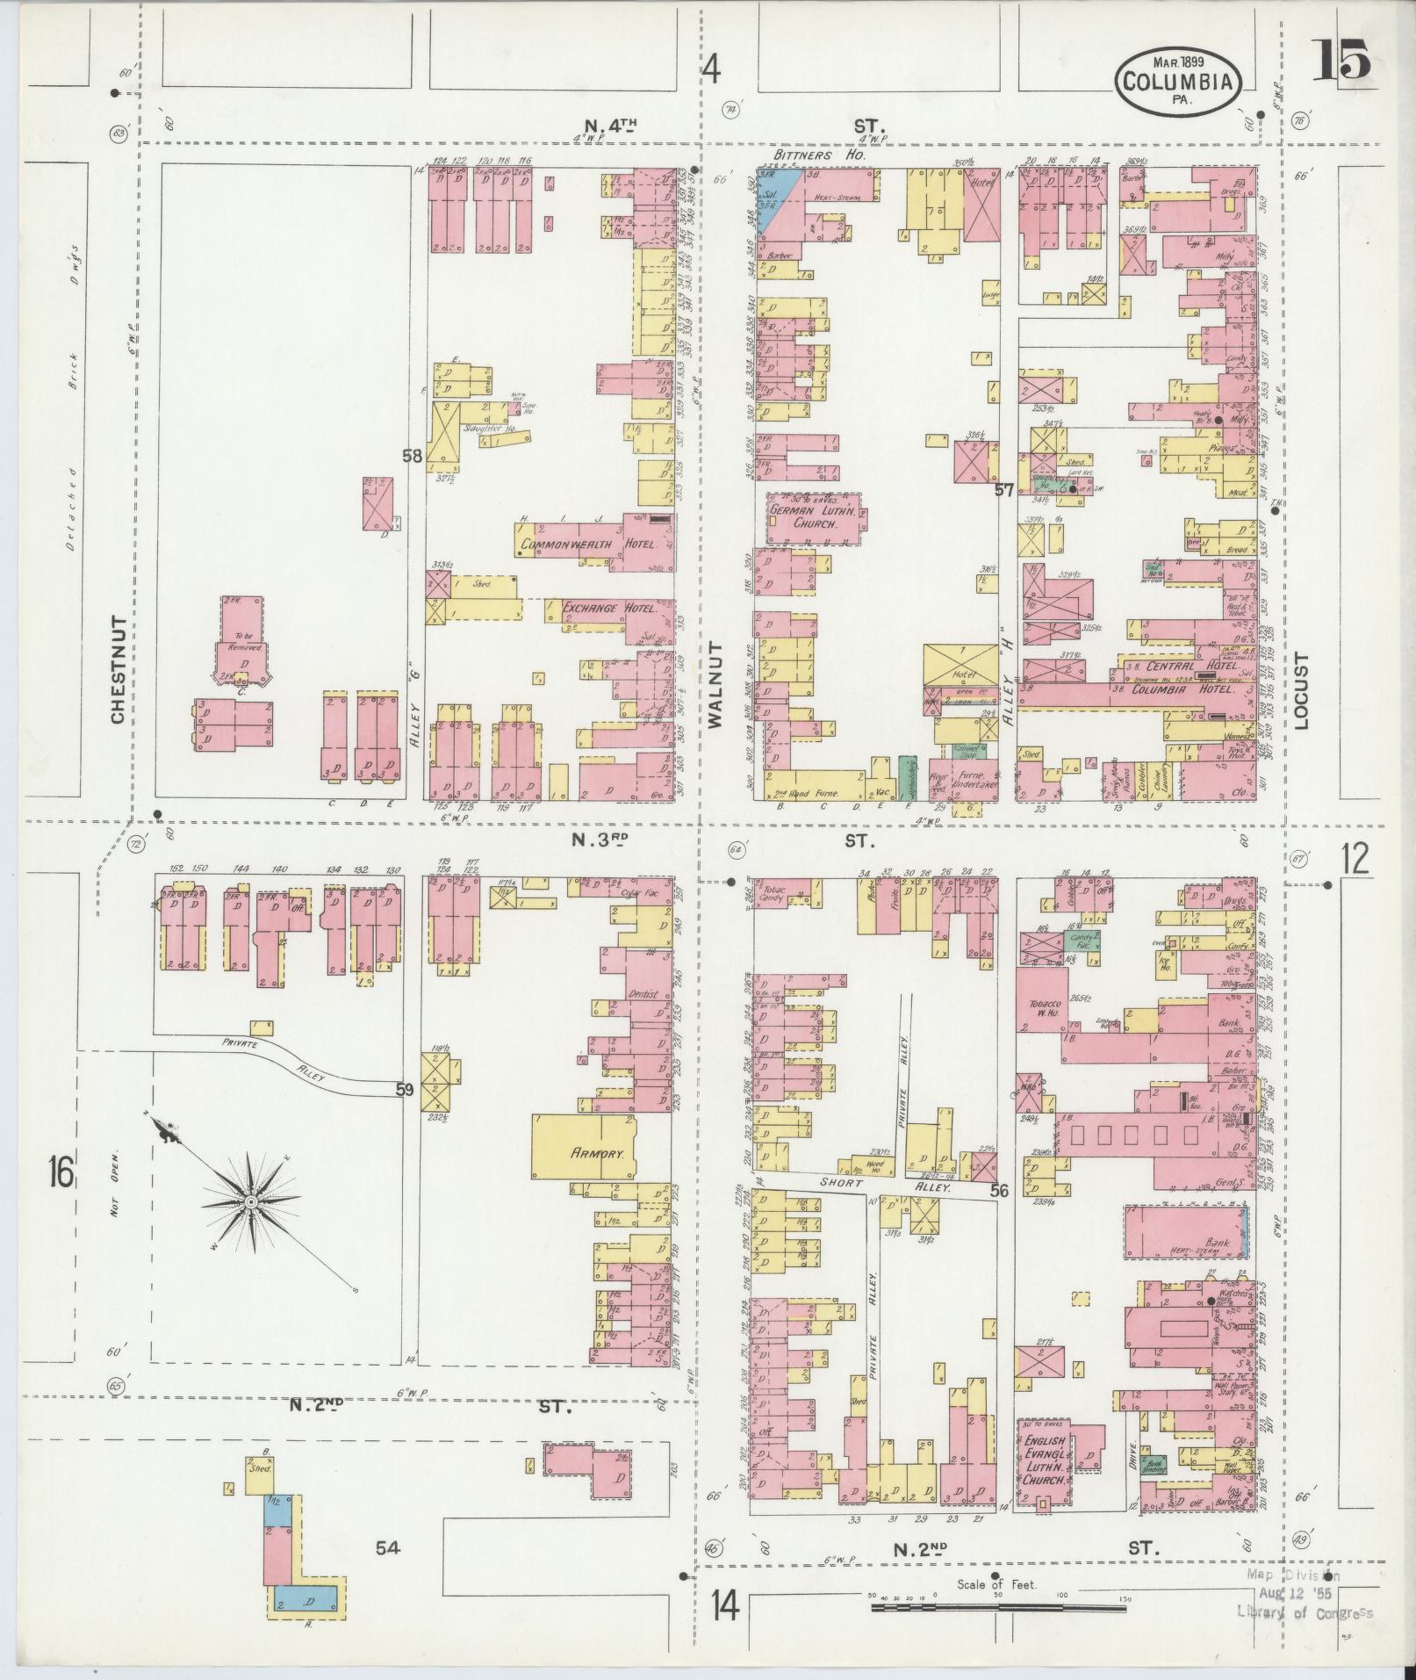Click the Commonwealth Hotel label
590,544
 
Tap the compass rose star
251,1201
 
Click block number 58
413,456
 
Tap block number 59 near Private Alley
404,1090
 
